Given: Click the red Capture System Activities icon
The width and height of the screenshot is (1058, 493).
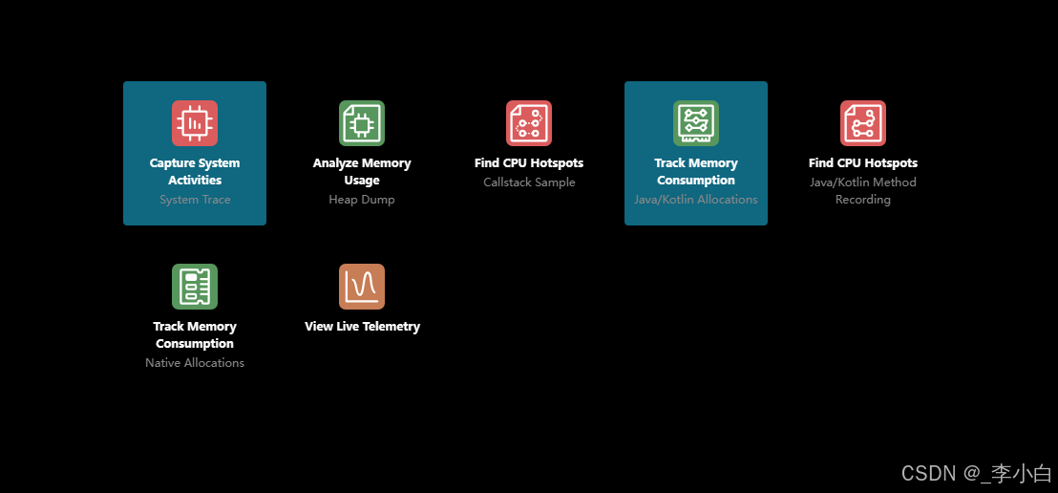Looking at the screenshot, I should (x=195, y=123).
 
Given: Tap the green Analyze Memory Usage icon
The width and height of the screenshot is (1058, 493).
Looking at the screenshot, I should (x=362, y=123).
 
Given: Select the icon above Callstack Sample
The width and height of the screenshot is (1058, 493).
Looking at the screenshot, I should (x=529, y=123).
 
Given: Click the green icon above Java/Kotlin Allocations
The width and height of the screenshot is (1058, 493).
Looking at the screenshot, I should (x=696, y=123).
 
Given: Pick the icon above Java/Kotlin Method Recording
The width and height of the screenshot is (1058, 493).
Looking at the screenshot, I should (x=863, y=123).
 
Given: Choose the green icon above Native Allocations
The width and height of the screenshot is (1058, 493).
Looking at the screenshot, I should (x=195, y=287).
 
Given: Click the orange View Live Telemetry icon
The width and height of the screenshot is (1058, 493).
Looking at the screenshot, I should (x=362, y=287).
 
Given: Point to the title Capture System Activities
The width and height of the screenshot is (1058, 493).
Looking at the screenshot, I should (x=195, y=172).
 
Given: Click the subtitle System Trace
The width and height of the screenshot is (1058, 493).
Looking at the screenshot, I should (x=195, y=200).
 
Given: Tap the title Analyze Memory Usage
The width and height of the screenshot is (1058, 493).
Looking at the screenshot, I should (x=362, y=172).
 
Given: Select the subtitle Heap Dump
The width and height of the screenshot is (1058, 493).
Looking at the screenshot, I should (x=362, y=200).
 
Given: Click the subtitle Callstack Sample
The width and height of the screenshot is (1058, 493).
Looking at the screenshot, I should (x=529, y=182).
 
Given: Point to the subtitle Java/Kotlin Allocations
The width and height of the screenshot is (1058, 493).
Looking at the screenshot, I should (x=696, y=200).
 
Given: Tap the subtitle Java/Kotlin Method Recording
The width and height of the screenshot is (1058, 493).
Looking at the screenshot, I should (x=863, y=191).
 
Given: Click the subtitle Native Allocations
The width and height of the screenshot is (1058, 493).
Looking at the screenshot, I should (x=195, y=363).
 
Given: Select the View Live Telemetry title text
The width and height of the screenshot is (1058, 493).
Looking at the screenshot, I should (x=362, y=327).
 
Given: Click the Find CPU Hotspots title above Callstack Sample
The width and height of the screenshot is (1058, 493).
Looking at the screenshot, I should (x=529, y=163).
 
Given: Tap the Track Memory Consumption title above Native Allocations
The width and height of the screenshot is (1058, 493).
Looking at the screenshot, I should (x=195, y=335).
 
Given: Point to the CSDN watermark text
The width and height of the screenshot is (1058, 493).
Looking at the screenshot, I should (x=976, y=473).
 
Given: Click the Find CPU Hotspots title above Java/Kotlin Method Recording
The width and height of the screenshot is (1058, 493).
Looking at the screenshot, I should (x=863, y=163).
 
